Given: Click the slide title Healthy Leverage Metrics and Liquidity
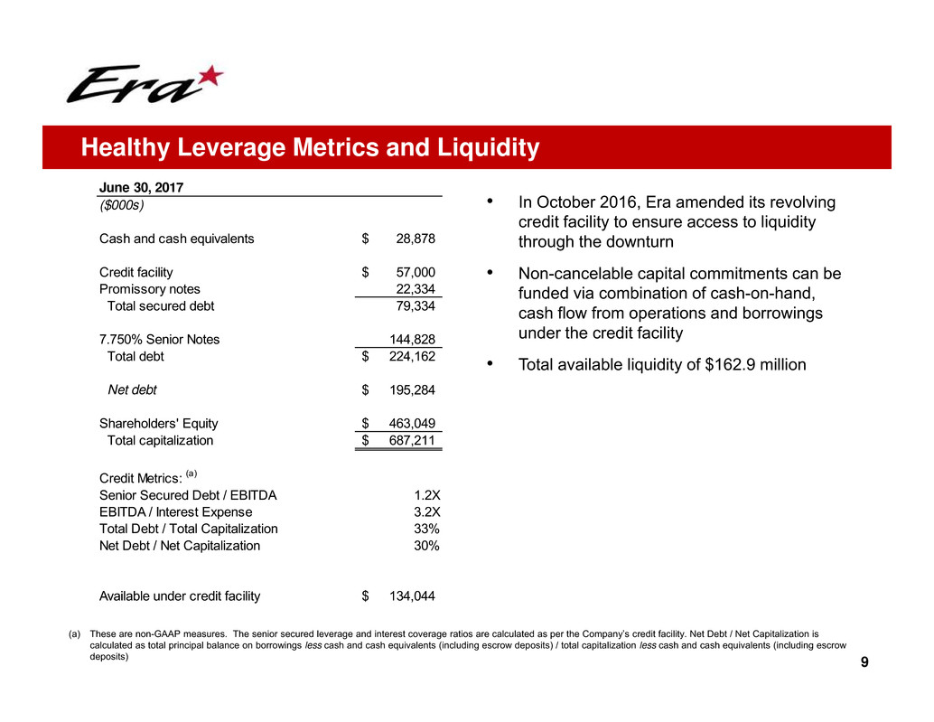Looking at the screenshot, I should click(x=310, y=147).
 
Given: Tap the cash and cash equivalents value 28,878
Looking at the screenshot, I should click(x=416, y=239).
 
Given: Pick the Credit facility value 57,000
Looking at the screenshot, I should click(x=416, y=272).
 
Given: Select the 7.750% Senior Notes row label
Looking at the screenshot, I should click(x=159, y=339).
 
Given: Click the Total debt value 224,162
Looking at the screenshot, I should click(x=412, y=356).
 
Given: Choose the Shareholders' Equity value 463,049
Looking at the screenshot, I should click(x=412, y=423).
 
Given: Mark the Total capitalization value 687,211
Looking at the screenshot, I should click(x=412, y=441).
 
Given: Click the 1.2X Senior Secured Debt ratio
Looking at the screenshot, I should click(x=427, y=495).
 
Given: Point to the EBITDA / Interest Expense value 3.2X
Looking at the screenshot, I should click(x=427, y=512).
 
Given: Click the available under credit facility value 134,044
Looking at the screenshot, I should click(x=412, y=595).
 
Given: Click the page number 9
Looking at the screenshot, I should click(x=864, y=664).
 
